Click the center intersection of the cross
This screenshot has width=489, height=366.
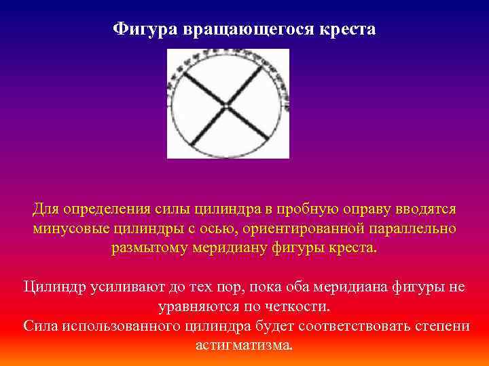(227, 104)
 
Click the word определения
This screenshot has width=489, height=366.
(113, 209)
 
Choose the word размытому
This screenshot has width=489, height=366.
(158, 248)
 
